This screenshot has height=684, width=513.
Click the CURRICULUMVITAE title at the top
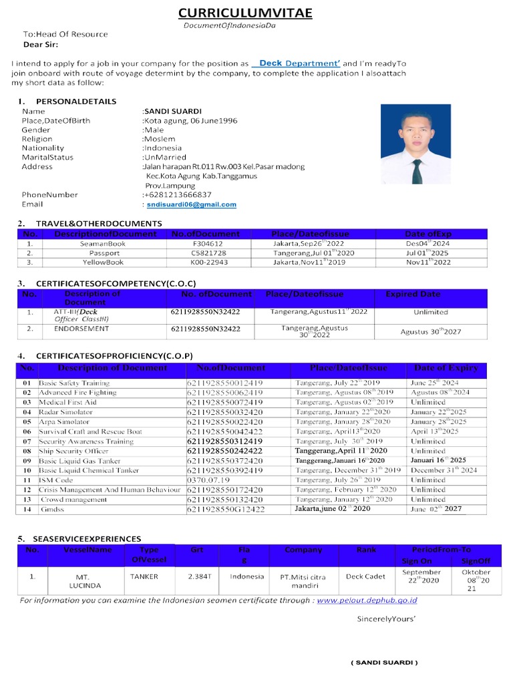(245, 13)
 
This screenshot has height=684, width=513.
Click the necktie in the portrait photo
(416, 170)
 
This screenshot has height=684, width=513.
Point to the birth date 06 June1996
(212, 121)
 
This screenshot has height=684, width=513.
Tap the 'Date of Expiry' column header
(446, 368)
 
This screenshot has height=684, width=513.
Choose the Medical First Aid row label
(67, 403)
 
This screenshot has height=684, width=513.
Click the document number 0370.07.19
(208, 480)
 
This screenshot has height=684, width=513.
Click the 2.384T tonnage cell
(198, 576)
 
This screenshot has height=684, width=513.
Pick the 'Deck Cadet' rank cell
(366, 576)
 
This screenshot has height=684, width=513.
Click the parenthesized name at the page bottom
(384, 663)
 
